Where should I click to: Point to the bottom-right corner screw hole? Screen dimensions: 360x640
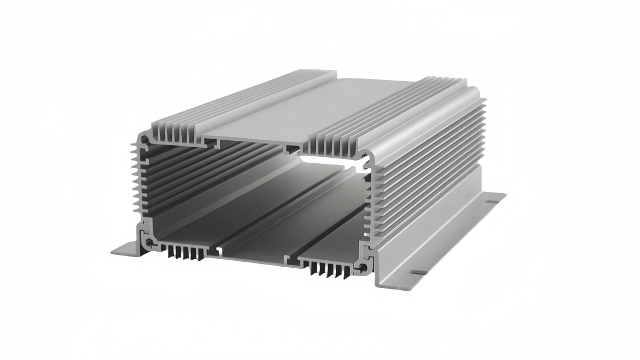(363, 266)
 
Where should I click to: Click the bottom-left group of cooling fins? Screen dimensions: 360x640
(185, 252)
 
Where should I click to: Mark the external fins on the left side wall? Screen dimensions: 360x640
(135, 181)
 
